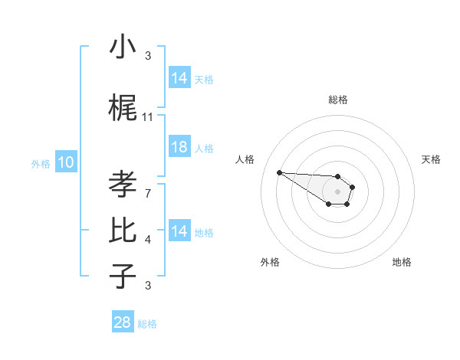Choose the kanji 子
pyautogui.click(x=123, y=276)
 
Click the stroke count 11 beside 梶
pyautogui.click(x=148, y=117)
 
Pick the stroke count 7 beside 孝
pyautogui.click(x=148, y=192)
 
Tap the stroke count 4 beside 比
pyautogui.click(x=148, y=240)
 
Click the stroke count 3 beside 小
pyautogui.click(x=148, y=56)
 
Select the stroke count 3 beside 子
pyautogui.click(x=148, y=286)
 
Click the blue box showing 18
pyautogui.click(x=179, y=147)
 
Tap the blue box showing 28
pyautogui.click(x=122, y=322)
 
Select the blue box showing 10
pyautogui.click(x=66, y=162)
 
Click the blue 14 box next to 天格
pyautogui.click(x=179, y=78)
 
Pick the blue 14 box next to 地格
pyautogui.click(x=179, y=231)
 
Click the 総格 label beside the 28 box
pyautogui.click(x=147, y=324)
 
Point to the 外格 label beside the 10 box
pyautogui.click(x=40, y=164)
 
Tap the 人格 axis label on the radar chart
pyautogui.click(x=245, y=159)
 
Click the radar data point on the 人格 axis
pyautogui.click(x=279, y=172)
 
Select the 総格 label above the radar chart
pyautogui.click(x=337, y=100)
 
